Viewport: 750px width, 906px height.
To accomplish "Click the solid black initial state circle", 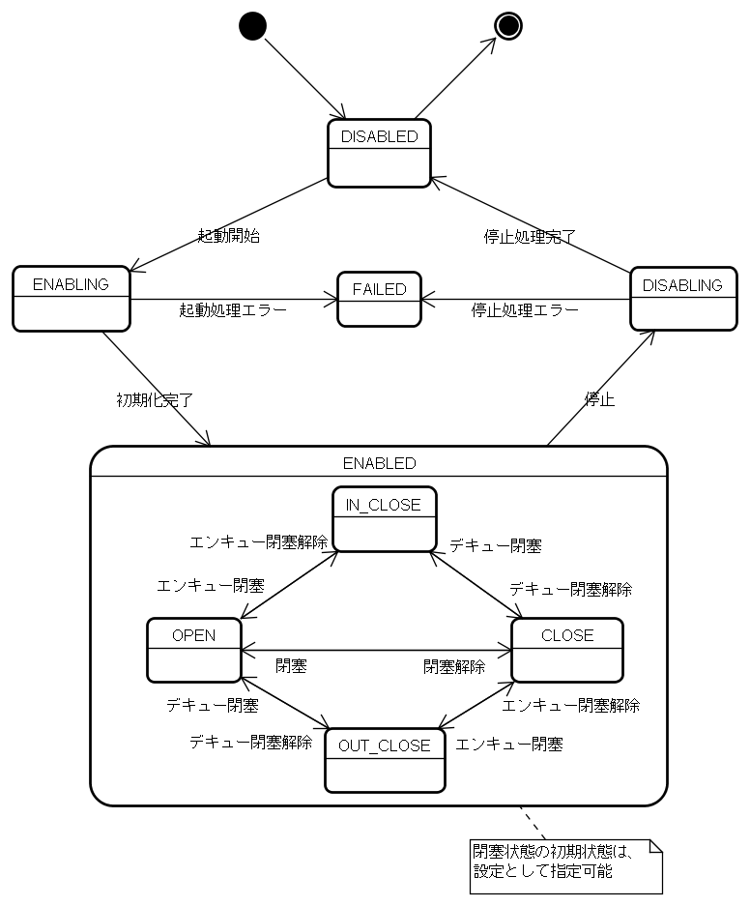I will click(x=251, y=26).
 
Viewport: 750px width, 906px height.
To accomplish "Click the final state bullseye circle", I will click(x=507, y=26).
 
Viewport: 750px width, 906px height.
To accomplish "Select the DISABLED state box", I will click(x=379, y=153).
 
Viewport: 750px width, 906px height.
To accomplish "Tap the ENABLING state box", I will click(x=72, y=298).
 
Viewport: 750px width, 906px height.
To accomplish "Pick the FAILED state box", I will click(x=379, y=299).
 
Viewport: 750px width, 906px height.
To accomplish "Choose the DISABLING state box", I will click(x=682, y=299).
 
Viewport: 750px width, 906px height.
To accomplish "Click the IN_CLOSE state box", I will click(x=384, y=519).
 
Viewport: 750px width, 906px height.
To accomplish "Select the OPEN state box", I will click(x=193, y=650).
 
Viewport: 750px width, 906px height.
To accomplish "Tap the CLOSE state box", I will click(x=567, y=650).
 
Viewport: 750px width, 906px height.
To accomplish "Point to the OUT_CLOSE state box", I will click(x=385, y=760).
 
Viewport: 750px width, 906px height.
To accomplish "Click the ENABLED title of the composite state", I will click(x=379, y=463).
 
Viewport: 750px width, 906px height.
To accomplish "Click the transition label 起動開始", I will click(x=228, y=236).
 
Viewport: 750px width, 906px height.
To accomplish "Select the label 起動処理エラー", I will click(x=233, y=310).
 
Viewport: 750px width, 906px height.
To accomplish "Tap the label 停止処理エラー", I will click(x=525, y=310).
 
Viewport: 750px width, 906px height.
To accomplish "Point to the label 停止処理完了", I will click(x=530, y=236).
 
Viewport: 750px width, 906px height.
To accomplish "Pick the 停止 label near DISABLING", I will click(x=599, y=398).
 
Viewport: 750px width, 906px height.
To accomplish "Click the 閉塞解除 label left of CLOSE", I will click(x=454, y=666).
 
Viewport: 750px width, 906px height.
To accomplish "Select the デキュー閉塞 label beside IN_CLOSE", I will click(x=495, y=545).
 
